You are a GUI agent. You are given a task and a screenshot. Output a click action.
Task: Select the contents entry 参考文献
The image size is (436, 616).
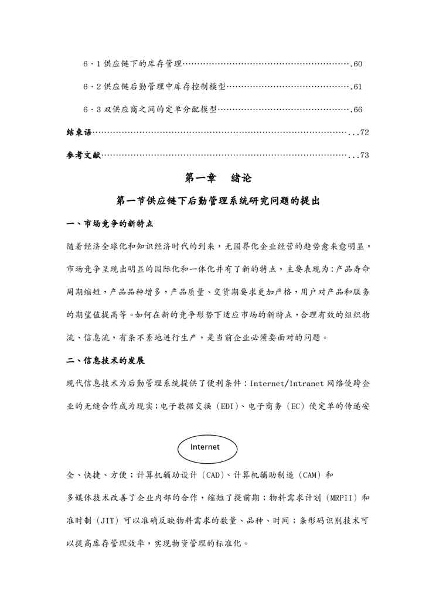83,156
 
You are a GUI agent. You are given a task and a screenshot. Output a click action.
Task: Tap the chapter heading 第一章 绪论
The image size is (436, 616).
218,178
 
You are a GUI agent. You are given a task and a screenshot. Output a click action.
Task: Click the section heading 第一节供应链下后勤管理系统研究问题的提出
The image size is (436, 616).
218,201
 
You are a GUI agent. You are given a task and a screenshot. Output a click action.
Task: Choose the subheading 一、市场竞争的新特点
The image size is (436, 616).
110,224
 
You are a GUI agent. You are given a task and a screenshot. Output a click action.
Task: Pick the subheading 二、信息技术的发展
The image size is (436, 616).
105,361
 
